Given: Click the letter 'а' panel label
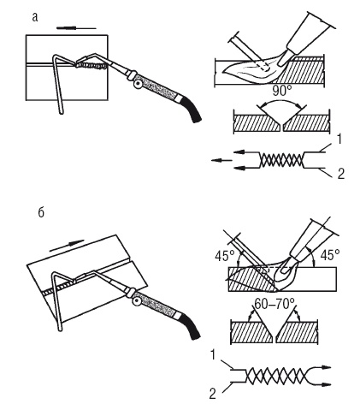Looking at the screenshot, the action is (x=35, y=17).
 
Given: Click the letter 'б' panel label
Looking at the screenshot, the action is (x=41, y=213).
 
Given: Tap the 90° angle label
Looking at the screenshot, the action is (x=282, y=92).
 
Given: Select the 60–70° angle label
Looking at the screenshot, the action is (x=274, y=304).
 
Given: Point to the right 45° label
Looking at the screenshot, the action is (x=330, y=255).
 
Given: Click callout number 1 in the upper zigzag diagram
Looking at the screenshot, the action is (x=339, y=140).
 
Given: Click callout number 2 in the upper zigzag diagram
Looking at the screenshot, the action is (x=341, y=174).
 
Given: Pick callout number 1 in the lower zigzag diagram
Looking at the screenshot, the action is (x=213, y=355).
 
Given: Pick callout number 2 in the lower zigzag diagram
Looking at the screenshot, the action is (x=213, y=394).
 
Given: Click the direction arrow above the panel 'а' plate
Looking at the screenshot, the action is (x=76, y=28).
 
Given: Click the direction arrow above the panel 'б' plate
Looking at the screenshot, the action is (x=68, y=246).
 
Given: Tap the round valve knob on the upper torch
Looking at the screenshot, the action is (x=139, y=84).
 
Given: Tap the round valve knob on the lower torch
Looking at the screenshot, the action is (x=137, y=301).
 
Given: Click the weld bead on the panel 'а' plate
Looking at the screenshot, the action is (x=91, y=67).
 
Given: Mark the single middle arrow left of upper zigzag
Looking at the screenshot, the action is (x=221, y=161).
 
